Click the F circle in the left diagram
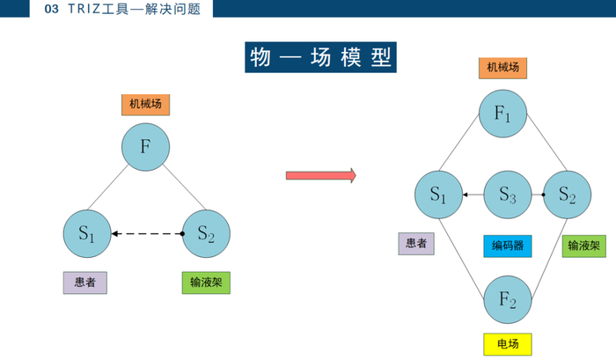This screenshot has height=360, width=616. click(x=145, y=147)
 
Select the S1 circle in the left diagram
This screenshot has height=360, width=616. click(x=87, y=234)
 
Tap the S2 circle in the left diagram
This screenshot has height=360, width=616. click(x=206, y=234)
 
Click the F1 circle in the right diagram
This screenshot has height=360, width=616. click(x=502, y=114)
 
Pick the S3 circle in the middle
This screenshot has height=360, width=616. click(x=508, y=195)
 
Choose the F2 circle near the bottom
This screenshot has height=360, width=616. click(x=508, y=299)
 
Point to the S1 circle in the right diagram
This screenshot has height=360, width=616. click(x=439, y=195)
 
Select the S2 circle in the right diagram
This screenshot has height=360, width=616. click(x=568, y=195)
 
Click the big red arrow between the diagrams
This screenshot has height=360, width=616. click(x=321, y=175)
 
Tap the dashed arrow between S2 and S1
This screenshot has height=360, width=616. click(x=148, y=234)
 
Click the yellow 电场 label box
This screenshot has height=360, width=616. click(x=508, y=344)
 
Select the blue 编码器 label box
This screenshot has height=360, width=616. click(x=508, y=246)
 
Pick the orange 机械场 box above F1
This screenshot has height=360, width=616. click(x=502, y=68)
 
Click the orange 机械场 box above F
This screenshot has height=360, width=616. click(x=145, y=105)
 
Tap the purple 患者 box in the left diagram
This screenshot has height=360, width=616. click(x=84, y=283)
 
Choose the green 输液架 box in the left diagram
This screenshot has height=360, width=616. click(x=206, y=283)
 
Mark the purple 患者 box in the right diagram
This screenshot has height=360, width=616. click(x=416, y=244)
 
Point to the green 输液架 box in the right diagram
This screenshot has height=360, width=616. click(x=584, y=246)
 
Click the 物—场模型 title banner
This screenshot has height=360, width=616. click(x=320, y=57)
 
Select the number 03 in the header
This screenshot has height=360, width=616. click(x=51, y=9)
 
